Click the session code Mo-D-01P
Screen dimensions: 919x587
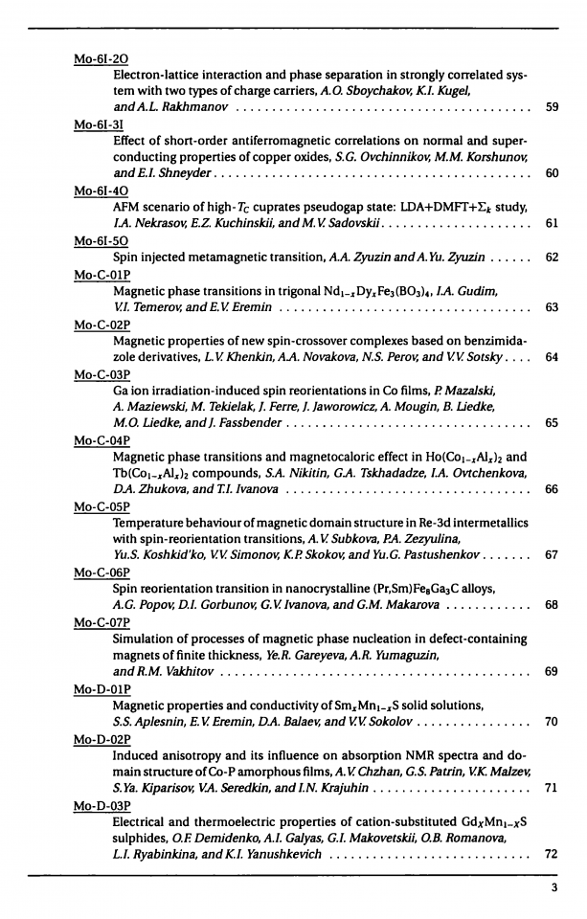click(104, 688)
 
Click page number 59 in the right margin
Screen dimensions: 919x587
click(551, 106)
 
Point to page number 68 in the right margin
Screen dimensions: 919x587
click(551, 604)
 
